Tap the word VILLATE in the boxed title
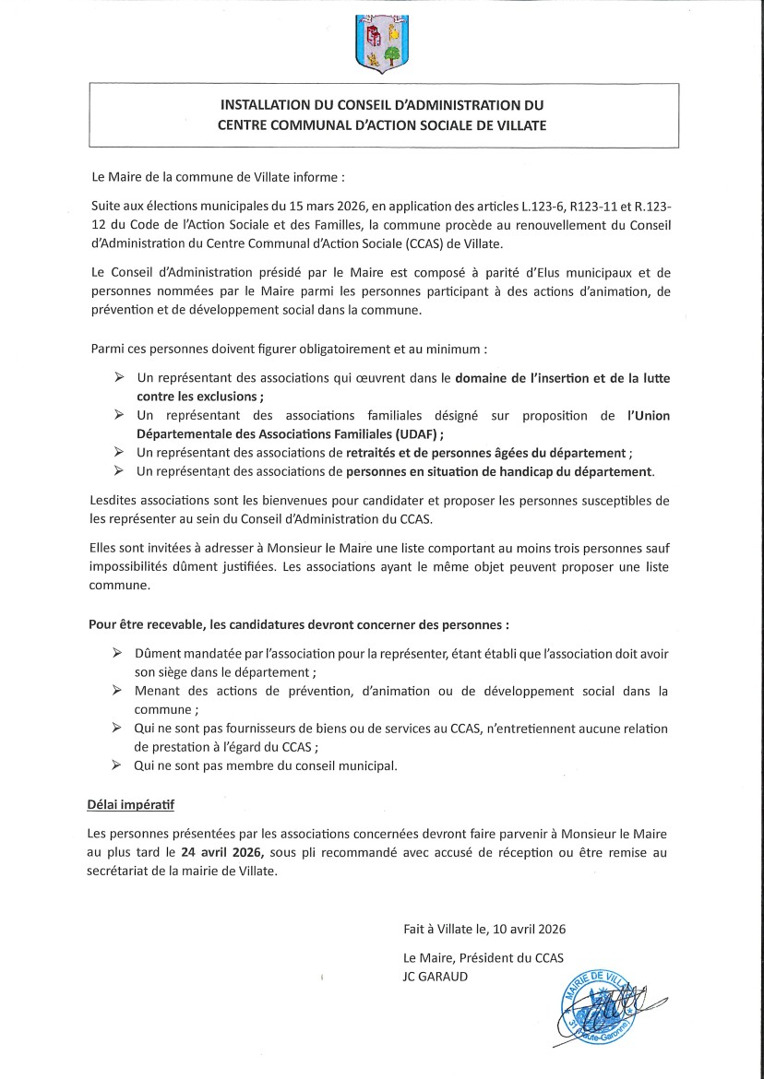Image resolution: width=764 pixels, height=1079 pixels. pyautogui.click(x=519, y=125)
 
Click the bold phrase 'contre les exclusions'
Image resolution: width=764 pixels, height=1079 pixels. pyautogui.click(x=198, y=397)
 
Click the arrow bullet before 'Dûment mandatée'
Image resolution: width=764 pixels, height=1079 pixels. pyautogui.click(x=117, y=653)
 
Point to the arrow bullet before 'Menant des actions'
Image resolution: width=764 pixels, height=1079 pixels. pyautogui.click(x=117, y=691)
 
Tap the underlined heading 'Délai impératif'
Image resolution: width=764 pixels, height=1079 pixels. pyautogui.click(x=125, y=805)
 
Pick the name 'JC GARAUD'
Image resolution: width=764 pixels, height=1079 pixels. pyautogui.click(x=436, y=976)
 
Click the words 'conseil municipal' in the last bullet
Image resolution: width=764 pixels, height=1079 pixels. pyautogui.click(x=343, y=765)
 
